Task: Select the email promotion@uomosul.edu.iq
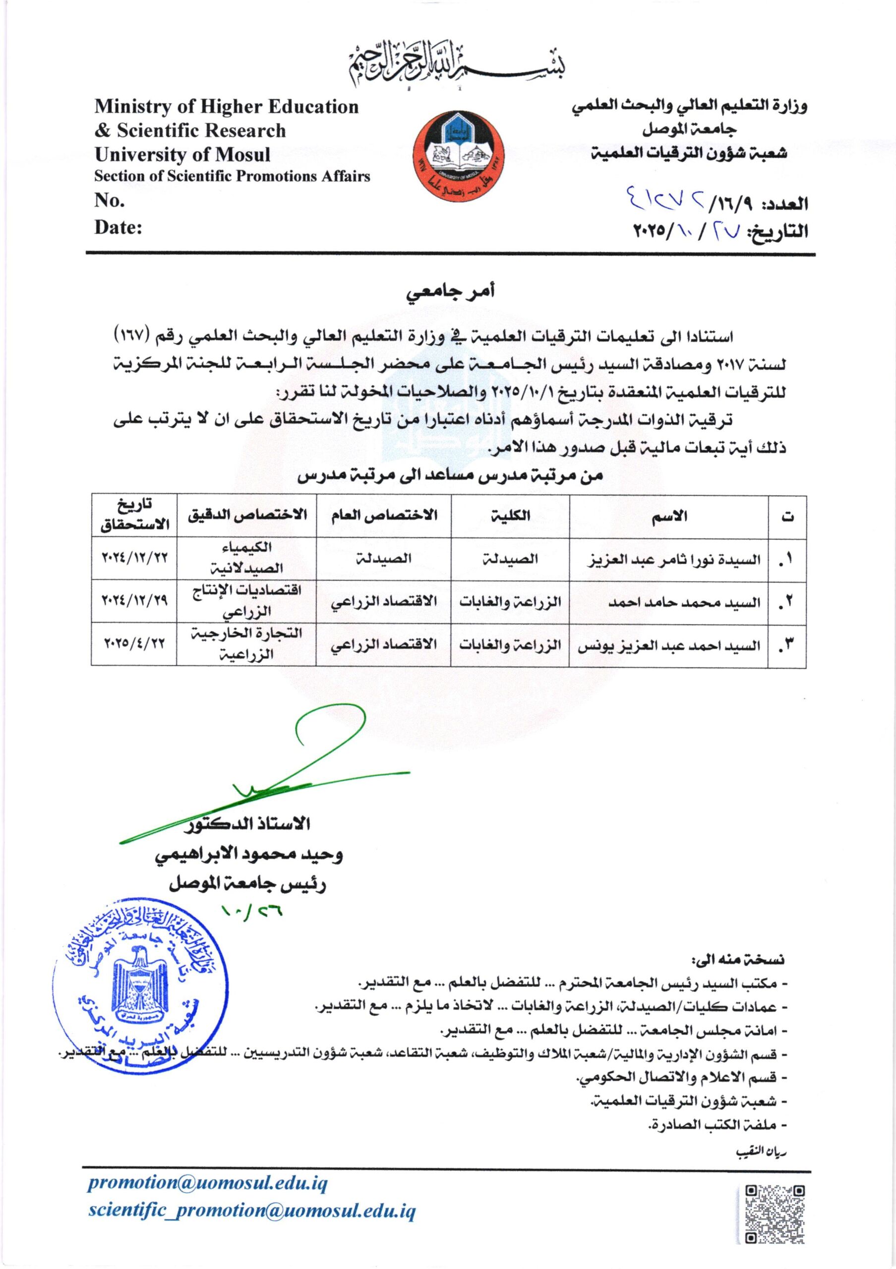point(208,1184)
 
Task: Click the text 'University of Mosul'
point(182,154)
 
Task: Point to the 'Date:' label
point(118,227)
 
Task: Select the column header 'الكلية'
point(510,516)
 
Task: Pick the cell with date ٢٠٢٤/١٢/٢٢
point(134,558)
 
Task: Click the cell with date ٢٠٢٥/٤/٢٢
point(134,644)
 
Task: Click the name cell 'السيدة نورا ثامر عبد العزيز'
point(673,559)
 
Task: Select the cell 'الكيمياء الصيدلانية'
point(246,558)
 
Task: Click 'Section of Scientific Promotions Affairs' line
point(232,176)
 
